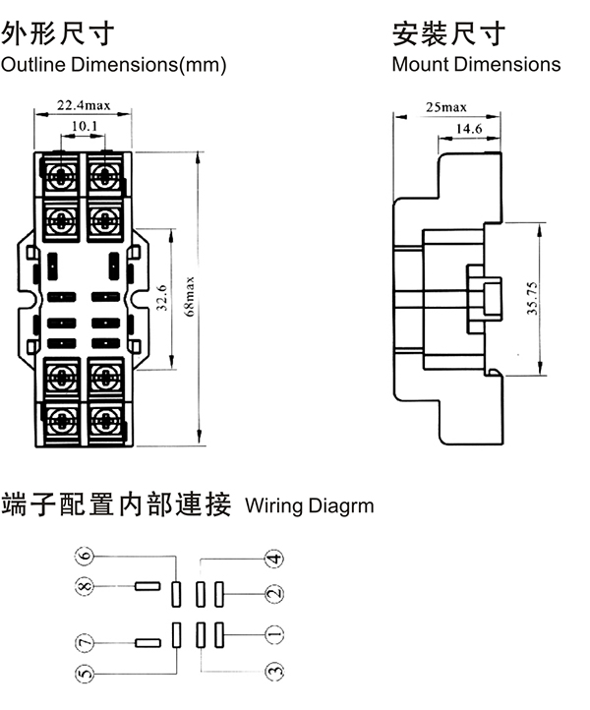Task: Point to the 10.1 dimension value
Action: pyautogui.click(x=85, y=126)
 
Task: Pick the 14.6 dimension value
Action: pyautogui.click(x=468, y=129)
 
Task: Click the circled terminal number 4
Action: pyautogui.click(x=275, y=559)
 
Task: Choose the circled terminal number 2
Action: pyautogui.click(x=275, y=593)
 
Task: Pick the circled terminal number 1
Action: pyautogui.click(x=275, y=634)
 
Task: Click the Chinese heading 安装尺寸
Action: pyautogui.click(x=448, y=34)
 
